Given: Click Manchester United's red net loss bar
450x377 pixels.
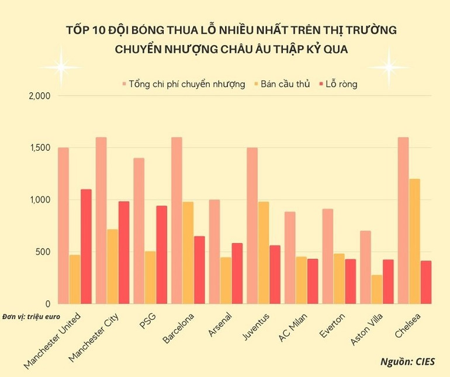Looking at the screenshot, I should point(86,246).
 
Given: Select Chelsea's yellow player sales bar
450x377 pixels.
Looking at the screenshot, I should point(414,241).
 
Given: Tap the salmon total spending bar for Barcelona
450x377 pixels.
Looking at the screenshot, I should point(176,220).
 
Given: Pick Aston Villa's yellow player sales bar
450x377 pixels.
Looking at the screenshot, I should point(376,289).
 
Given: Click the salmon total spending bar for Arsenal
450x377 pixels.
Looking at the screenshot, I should point(214,251).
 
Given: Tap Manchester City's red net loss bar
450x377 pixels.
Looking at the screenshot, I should point(124,253).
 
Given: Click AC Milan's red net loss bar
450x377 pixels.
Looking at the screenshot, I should point(313,281).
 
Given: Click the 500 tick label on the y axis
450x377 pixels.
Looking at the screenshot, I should point(43,252).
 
